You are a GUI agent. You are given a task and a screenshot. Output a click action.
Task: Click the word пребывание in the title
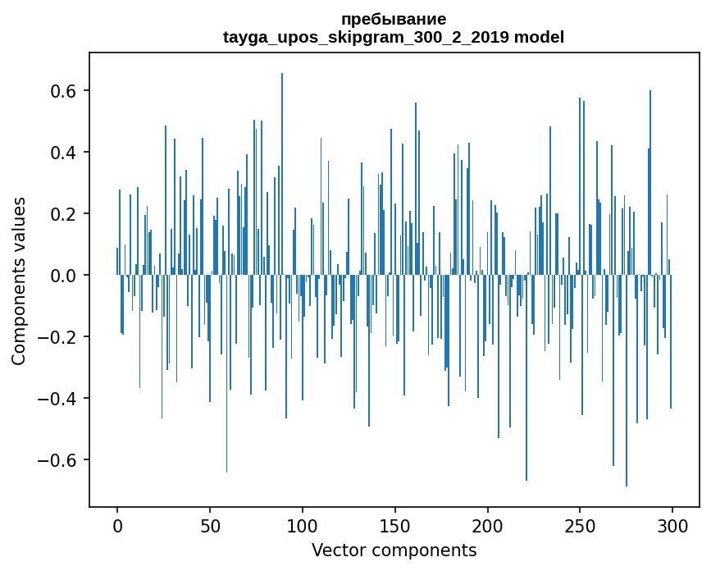394,19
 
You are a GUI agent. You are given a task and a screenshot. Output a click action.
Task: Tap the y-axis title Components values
19,281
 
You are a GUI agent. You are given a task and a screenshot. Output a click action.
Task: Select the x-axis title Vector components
394,550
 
